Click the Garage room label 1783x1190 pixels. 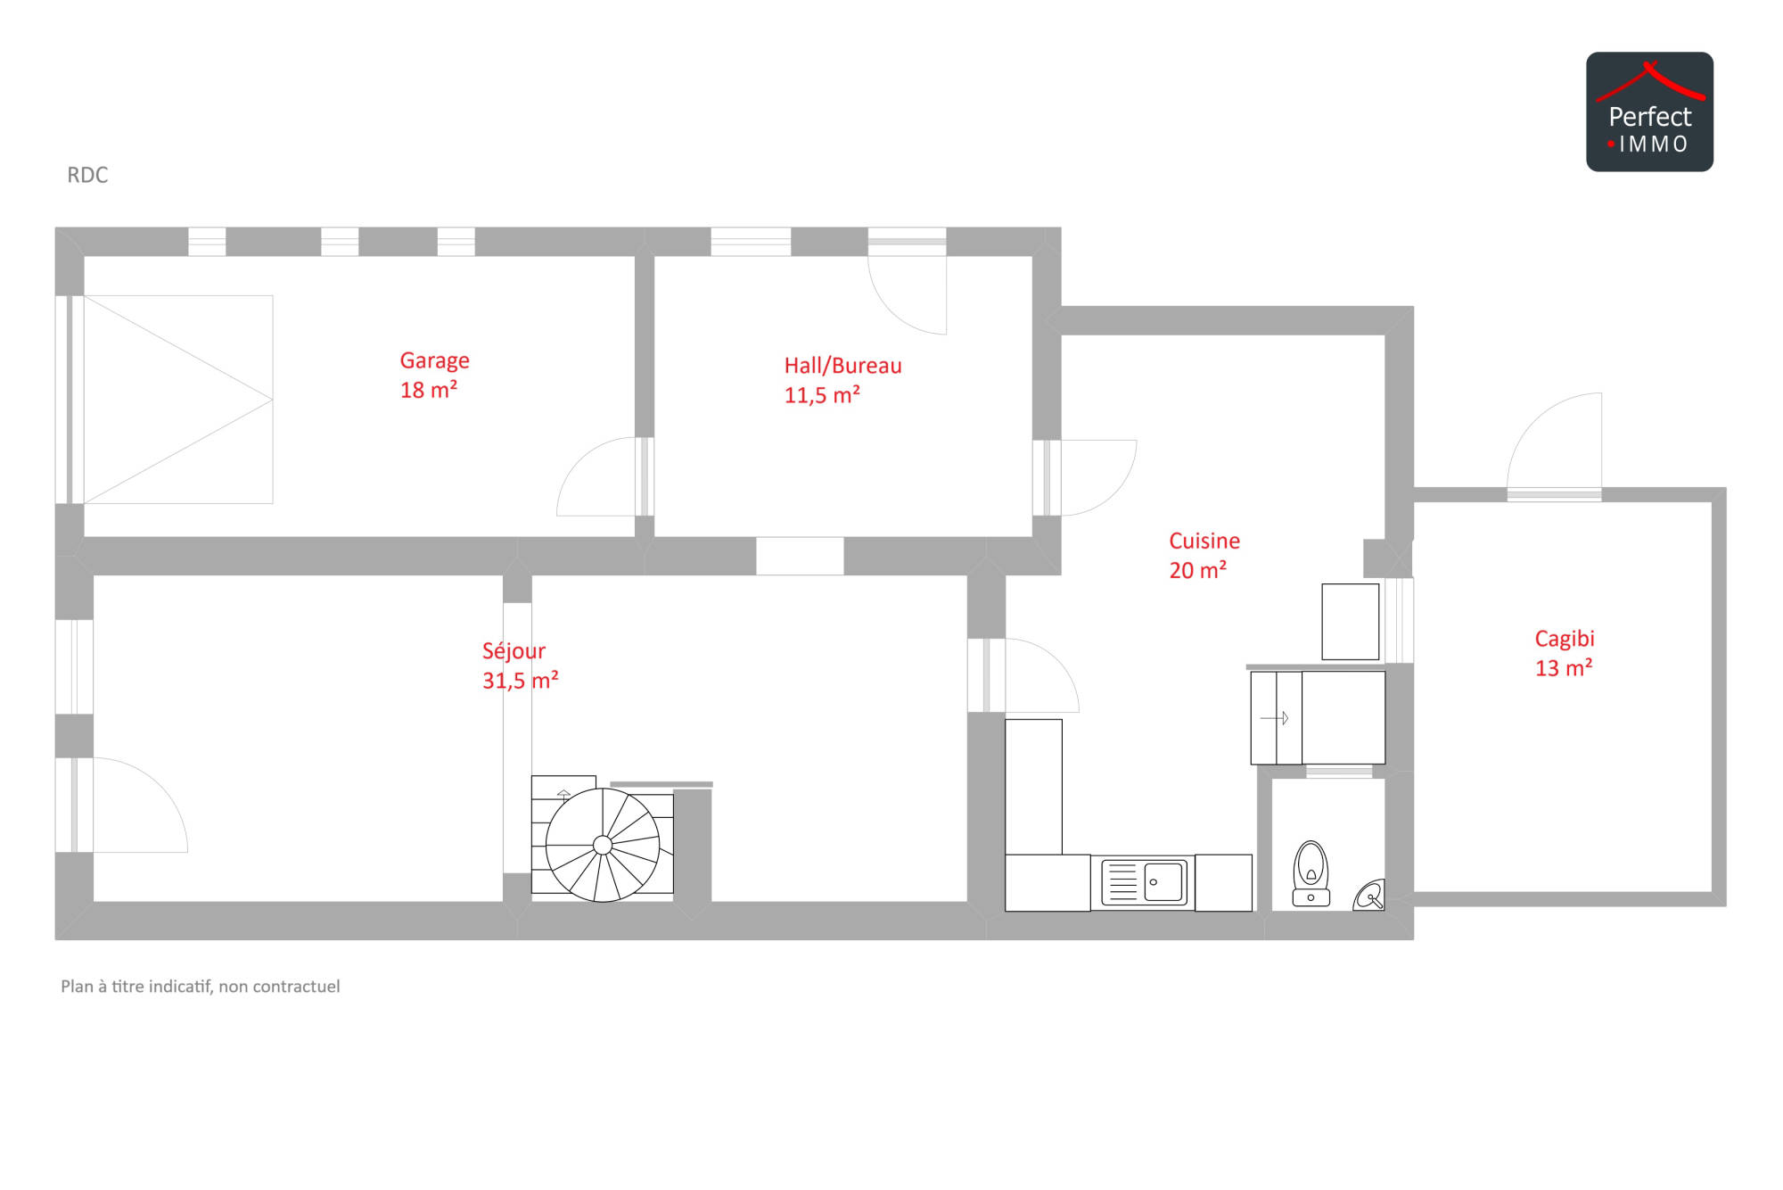tap(434, 360)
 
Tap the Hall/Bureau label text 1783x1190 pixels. tap(842, 366)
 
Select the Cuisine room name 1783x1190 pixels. tap(1204, 541)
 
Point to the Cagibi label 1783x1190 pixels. tap(1565, 639)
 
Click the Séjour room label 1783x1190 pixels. tap(514, 651)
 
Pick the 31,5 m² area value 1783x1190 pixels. tap(521, 681)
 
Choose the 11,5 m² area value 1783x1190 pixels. tap(822, 395)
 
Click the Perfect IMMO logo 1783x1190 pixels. tap(1649, 112)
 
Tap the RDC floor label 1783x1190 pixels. tap(87, 175)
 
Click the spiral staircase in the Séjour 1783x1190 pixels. tap(603, 844)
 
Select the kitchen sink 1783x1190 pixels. tap(1144, 882)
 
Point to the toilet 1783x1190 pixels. tap(1311, 873)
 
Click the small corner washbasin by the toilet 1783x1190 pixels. tap(1370, 896)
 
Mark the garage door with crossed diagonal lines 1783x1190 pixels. tap(178, 400)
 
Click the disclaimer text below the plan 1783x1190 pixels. tap(201, 987)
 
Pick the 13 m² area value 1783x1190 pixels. tap(1564, 668)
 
